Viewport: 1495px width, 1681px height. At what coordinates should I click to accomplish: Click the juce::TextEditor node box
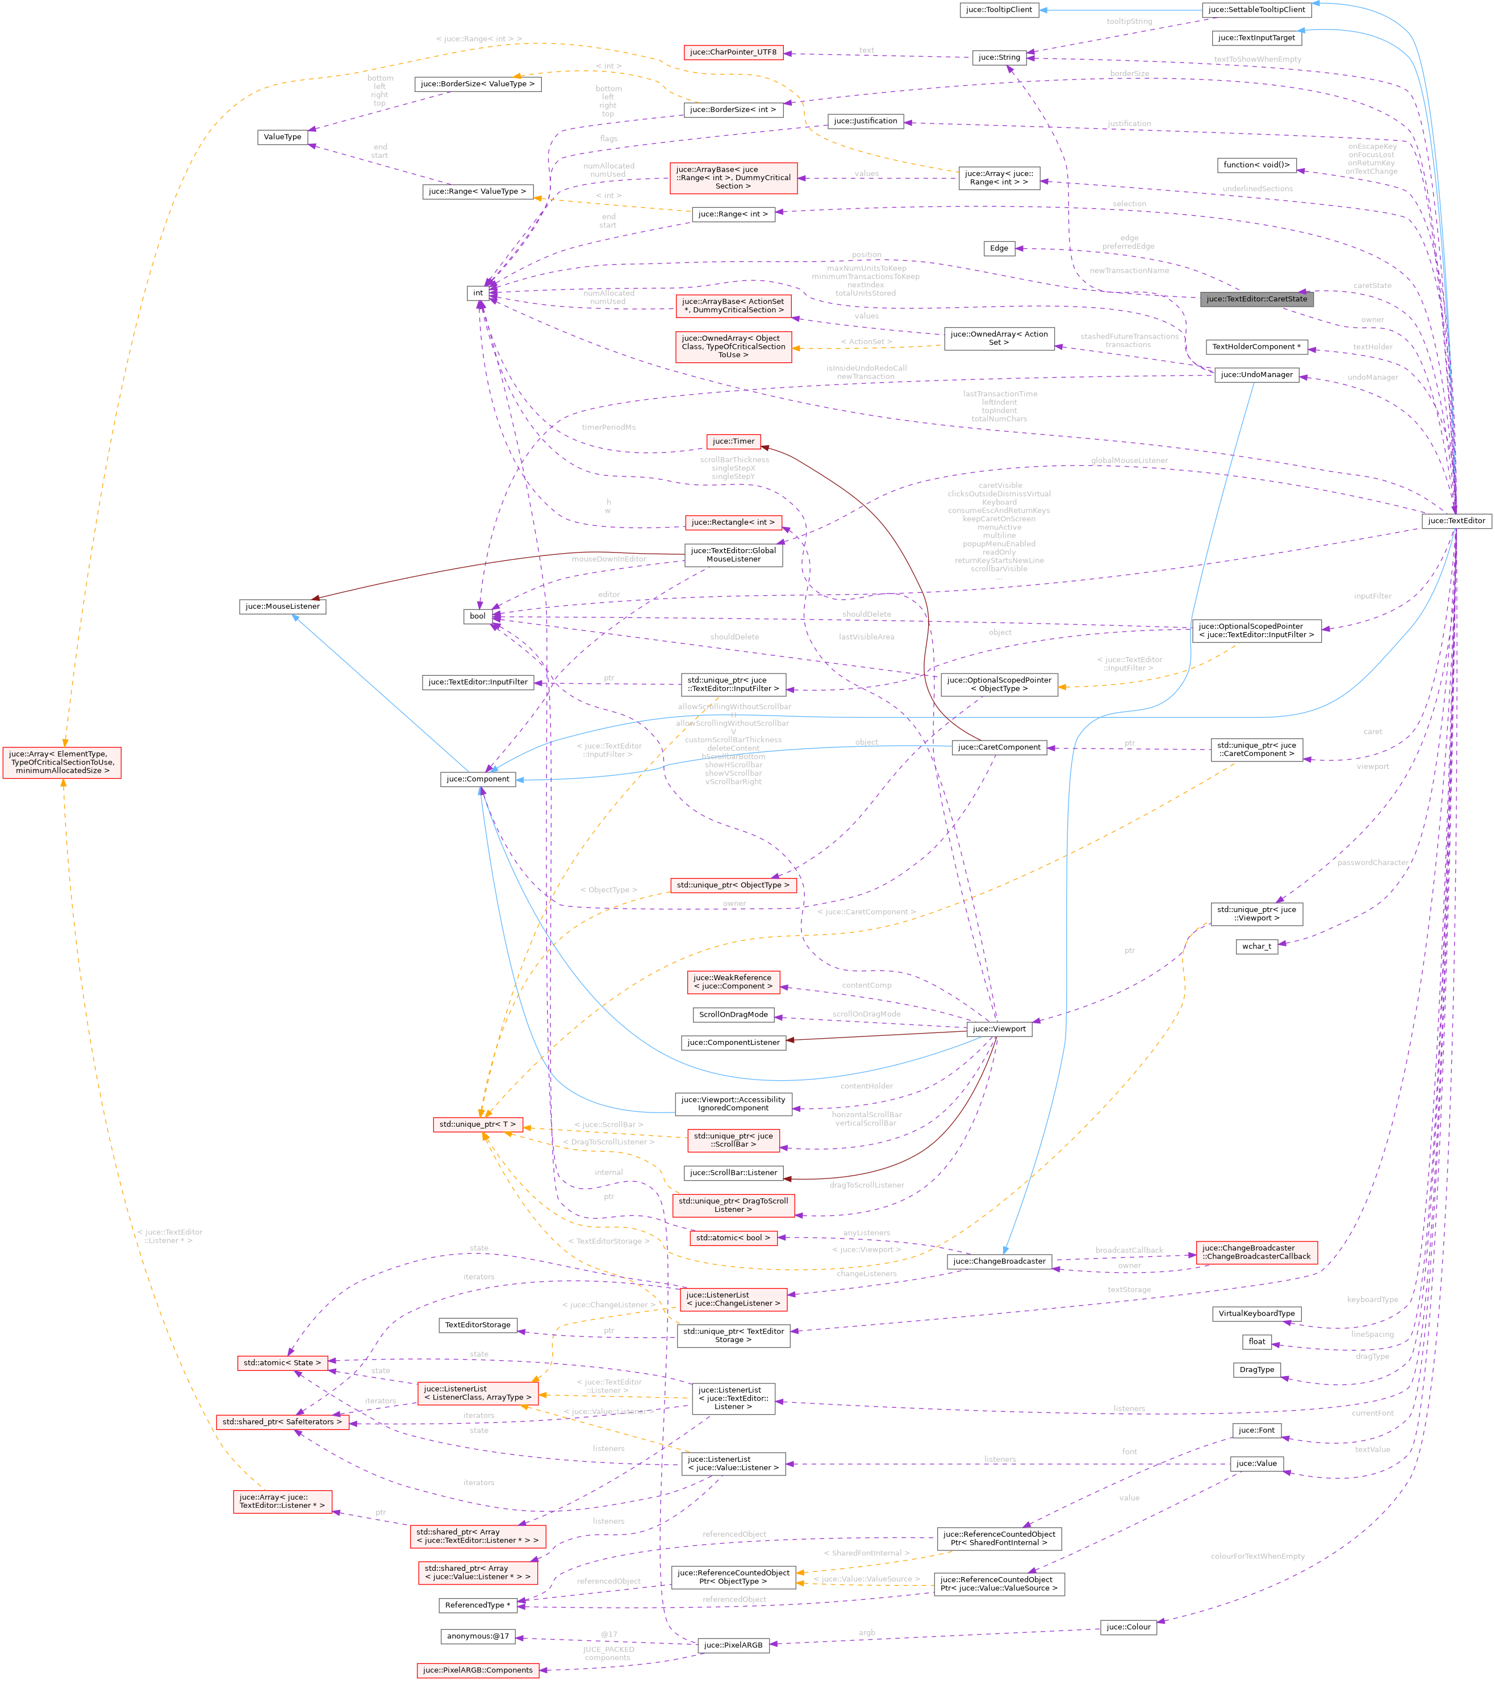point(1456,521)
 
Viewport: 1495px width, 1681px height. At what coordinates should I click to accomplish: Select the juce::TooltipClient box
point(999,10)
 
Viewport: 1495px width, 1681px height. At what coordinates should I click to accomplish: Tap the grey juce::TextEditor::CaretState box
point(1256,299)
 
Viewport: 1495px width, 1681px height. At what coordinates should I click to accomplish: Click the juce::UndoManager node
point(1256,375)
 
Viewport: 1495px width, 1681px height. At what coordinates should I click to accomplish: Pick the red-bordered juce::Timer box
point(733,442)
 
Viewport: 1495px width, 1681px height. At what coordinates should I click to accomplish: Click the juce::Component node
point(478,779)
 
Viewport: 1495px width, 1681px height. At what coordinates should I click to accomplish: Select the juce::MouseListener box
point(282,606)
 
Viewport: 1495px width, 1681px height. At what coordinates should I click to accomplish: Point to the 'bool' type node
point(478,616)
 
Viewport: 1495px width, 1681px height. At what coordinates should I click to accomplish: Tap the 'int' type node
point(478,293)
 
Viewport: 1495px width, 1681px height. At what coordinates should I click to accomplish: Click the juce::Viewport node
point(999,1029)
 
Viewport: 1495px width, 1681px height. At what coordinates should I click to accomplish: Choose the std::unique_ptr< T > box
point(478,1124)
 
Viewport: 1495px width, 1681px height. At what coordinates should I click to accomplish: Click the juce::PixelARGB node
point(733,1645)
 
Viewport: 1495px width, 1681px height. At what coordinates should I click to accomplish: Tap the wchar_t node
point(1256,947)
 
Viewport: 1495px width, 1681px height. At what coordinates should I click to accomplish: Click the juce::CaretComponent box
point(999,747)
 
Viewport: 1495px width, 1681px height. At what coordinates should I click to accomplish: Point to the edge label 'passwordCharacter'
point(1372,863)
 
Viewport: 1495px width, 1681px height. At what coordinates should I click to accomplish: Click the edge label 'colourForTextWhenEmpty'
point(1256,1556)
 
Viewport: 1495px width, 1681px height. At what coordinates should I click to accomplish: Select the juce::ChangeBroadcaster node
point(999,1261)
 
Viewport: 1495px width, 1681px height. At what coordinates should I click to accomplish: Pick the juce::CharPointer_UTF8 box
point(733,53)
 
